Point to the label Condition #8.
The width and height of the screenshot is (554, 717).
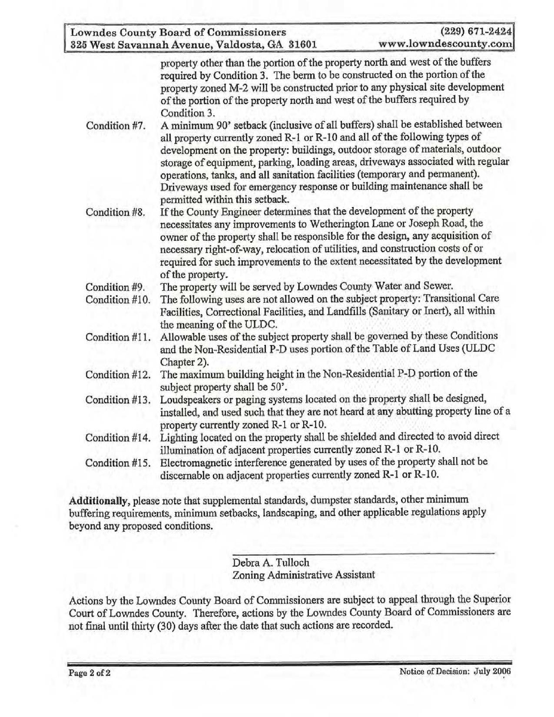115,212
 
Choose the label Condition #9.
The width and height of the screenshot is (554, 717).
115,287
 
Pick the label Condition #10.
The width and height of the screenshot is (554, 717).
118,299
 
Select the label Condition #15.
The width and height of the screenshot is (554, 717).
118,462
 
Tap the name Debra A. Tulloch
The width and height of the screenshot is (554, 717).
271,562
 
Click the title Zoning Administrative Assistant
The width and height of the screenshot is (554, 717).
304,575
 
